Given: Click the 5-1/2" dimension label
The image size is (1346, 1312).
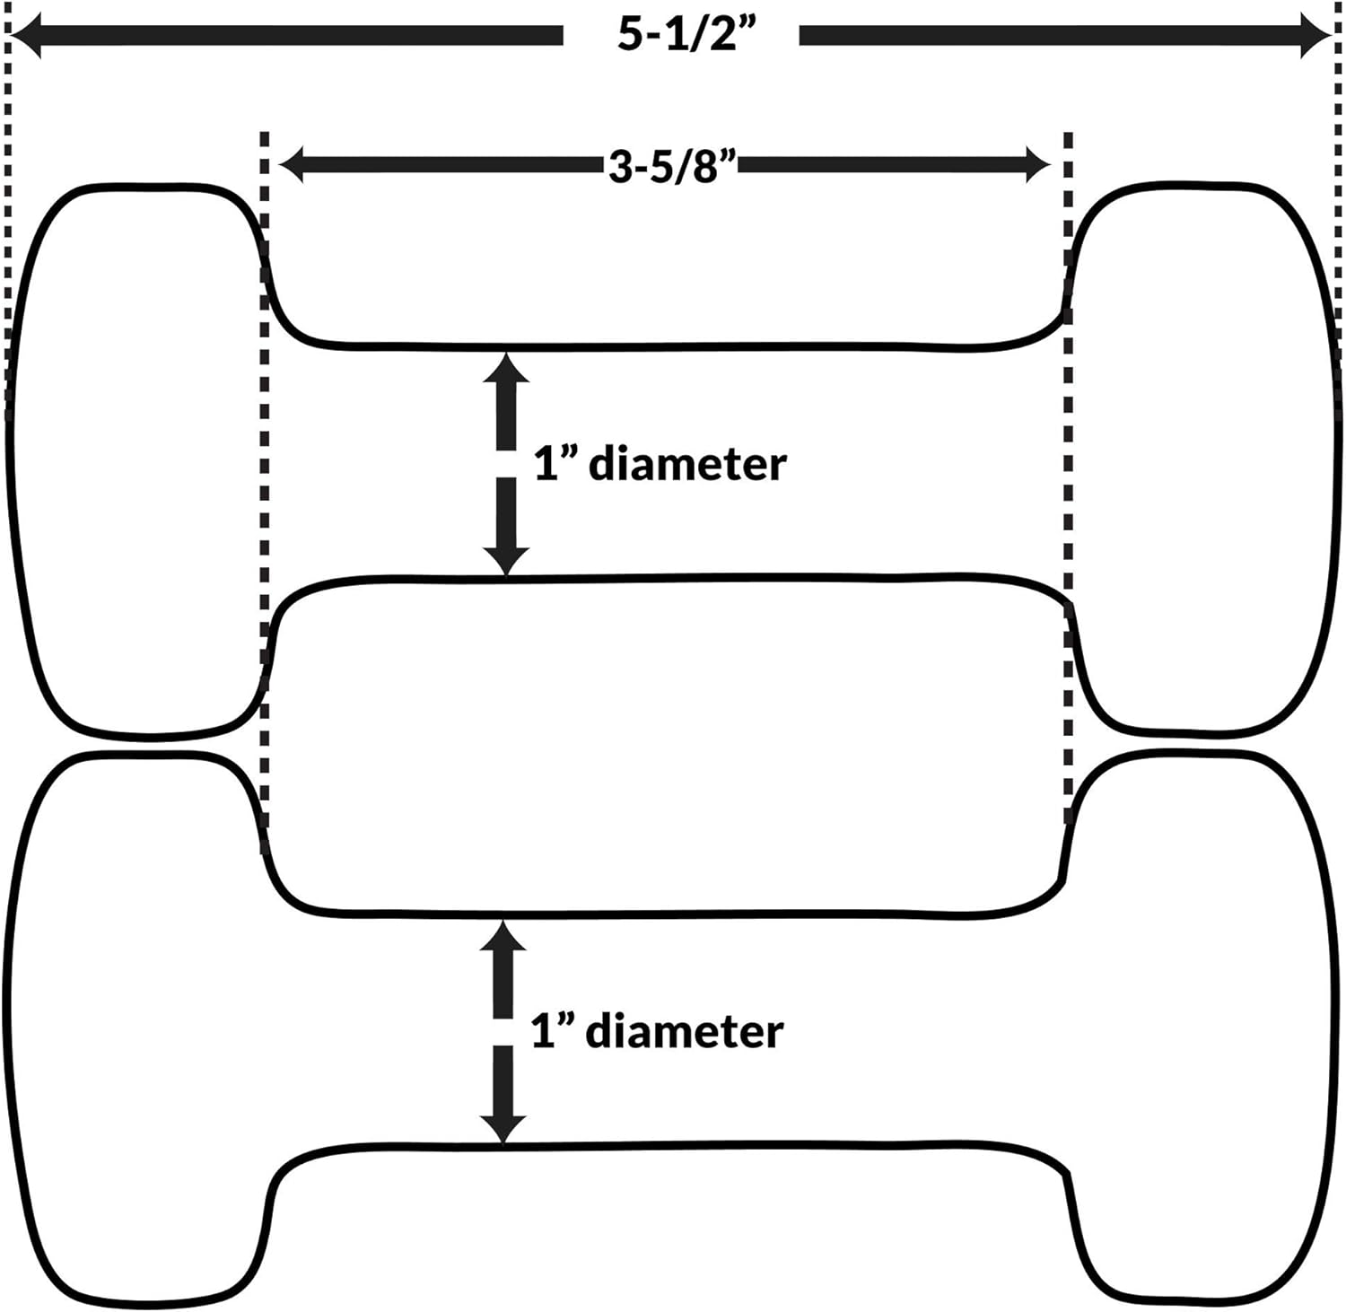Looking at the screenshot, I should [x=680, y=35].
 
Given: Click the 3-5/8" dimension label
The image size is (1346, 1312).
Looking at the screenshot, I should [x=672, y=165].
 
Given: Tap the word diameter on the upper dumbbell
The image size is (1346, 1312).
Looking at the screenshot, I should [x=687, y=465].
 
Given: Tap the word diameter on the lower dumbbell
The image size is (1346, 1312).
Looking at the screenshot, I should [x=684, y=1031].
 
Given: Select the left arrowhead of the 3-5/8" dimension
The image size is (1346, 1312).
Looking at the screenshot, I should [x=293, y=164].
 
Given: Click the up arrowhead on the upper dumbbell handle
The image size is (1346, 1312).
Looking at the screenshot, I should [x=506, y=369].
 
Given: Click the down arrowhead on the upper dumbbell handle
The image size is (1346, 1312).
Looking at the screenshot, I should [x=506, y=558].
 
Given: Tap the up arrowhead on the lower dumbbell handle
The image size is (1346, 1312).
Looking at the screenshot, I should [x=503, y=937].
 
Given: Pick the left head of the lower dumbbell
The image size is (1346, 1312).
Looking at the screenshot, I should [x=135, y=1032].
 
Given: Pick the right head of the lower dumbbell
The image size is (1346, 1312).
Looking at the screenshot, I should [x=1202, y=1032].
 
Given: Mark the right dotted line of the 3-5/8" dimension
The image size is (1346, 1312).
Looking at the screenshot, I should [x=1068, y=476].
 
